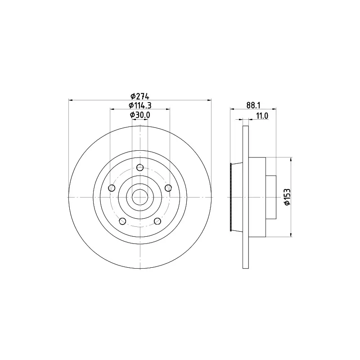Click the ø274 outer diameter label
pos(140,96)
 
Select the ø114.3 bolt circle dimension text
pos(140,105)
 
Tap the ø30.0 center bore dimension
pos(140,115)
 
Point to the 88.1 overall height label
pos(253,105)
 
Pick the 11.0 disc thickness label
pos(262,116)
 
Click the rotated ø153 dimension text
pos(287,197)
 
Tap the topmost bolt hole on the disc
pos(140,167)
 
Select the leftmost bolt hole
pos(112,188)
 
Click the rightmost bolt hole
pos(168,188)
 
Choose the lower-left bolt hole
pos(122,221)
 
